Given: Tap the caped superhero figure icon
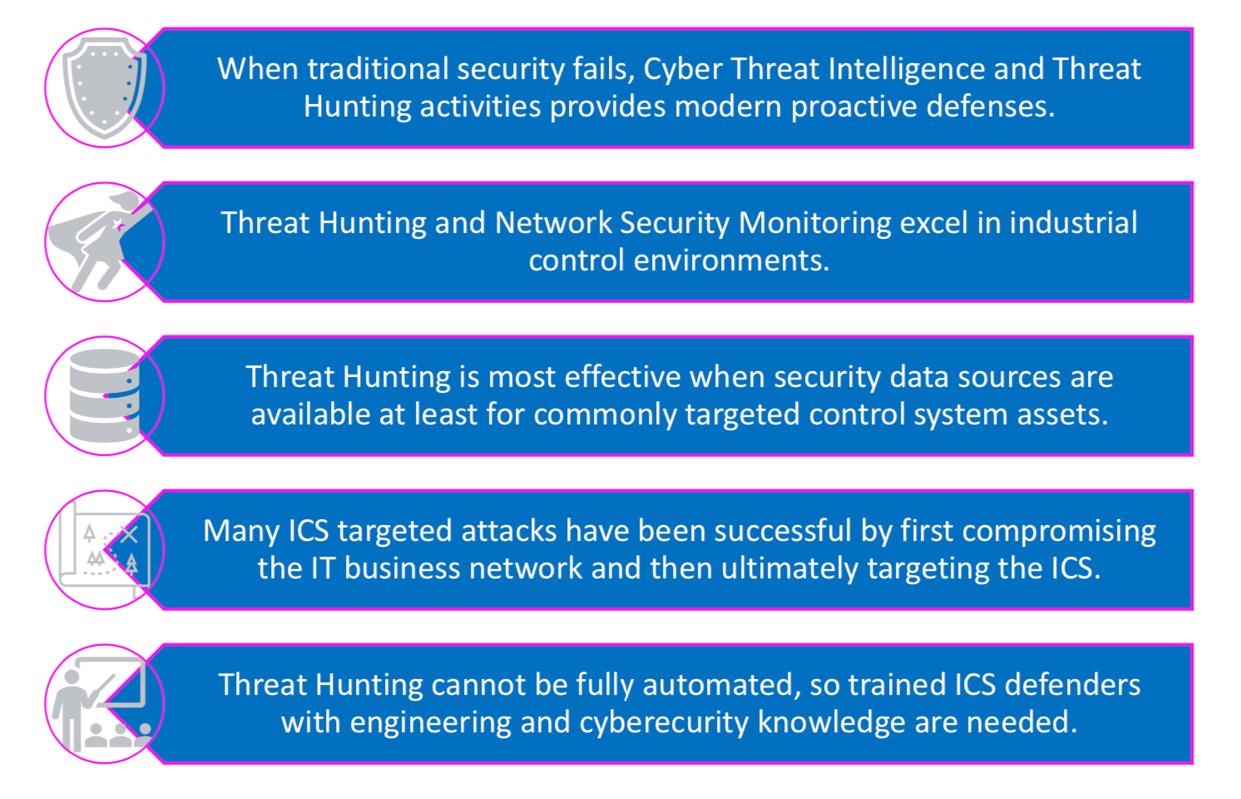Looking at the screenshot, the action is click(x=100, y=241).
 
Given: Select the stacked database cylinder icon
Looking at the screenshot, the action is click(x=105, y=396).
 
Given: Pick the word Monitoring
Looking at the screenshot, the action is click(x=814, y=224).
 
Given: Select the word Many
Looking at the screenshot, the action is click(x=241, y=532).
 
